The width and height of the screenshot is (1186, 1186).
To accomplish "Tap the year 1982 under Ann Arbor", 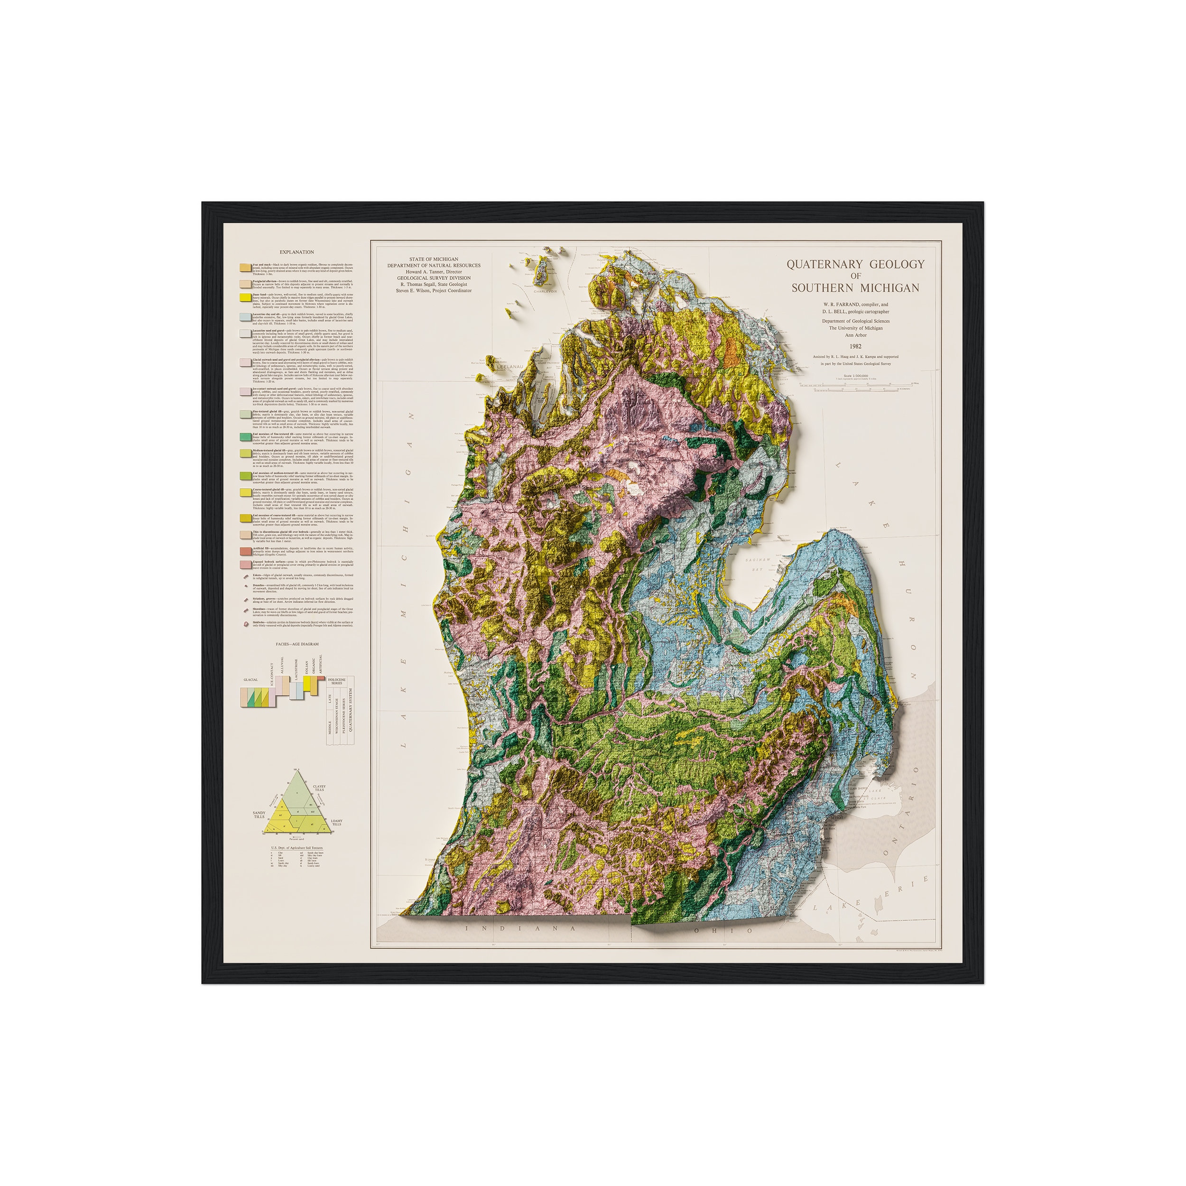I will pos(855,347).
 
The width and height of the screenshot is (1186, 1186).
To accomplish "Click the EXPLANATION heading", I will pos(296,252).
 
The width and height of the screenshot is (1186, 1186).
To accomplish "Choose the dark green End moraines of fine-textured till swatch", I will pos(244,436).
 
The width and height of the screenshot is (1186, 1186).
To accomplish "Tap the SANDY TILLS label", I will pos(259,815).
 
